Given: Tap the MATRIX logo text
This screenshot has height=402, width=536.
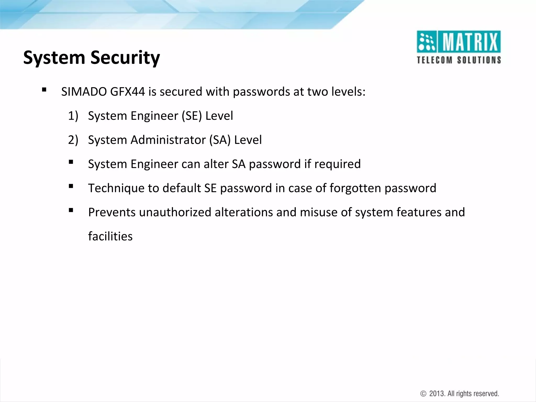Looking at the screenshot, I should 470,42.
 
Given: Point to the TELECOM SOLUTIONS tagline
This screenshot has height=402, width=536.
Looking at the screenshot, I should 459,60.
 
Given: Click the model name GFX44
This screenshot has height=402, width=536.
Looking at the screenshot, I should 127,92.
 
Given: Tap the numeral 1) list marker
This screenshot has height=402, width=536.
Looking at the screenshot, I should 73,116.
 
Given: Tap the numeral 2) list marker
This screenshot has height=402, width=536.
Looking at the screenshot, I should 73,140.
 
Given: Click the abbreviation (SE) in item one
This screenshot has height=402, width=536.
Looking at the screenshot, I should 192,116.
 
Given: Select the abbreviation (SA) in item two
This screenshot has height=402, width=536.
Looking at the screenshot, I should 220,140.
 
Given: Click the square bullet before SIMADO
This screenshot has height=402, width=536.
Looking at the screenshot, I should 44,90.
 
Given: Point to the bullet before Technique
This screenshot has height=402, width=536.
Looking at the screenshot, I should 71,186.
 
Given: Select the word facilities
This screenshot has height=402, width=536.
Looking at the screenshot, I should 110,236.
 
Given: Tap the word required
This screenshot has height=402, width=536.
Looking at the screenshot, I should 337,164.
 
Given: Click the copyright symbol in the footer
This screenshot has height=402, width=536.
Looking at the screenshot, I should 423,394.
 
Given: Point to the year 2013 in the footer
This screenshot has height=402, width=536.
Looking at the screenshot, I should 437,394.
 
